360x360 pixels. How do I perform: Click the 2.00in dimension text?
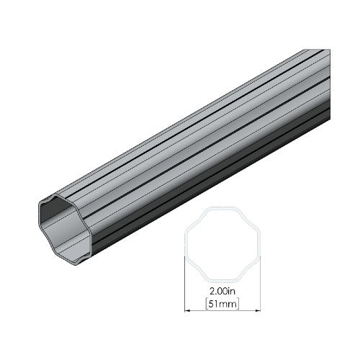click(x=222, y=292)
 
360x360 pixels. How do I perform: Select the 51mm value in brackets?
click(x=222, y=304)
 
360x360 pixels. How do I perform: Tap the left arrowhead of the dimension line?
click(x=187, y=310)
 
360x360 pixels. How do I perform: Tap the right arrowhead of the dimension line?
click(x=258, y=310)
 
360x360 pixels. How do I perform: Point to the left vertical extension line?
click(x=184, y=284)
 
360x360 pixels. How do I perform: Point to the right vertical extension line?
click(x=261, y=284)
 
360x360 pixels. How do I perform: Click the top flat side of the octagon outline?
click(x=222, y=208)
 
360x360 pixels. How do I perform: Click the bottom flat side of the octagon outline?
click(x=222, y=281)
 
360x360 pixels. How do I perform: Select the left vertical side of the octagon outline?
click(x=186, y=244)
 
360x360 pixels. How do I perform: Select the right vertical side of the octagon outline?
click(x=259, y=244)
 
